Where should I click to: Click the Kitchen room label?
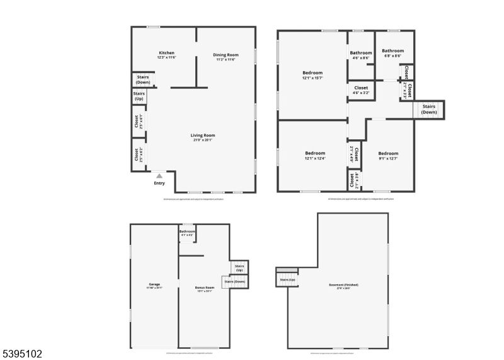tap(166, 53)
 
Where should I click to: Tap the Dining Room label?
tap(225, 55)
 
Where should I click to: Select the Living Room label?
tap(203, 135)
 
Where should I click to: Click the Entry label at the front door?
tap(159, 183)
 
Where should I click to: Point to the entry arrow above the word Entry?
tap(159, 176)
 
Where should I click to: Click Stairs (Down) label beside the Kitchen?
tap(143, 79)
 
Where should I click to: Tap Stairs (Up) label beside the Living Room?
tap(139, 96)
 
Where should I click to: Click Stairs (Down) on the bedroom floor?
tap(429, 109)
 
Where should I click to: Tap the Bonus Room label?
tap(204, 288)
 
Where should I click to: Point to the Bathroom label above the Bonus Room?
tap(187, 231)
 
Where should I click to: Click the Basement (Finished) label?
tap(343, 285)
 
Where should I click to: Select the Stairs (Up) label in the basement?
tap(288, 279)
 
